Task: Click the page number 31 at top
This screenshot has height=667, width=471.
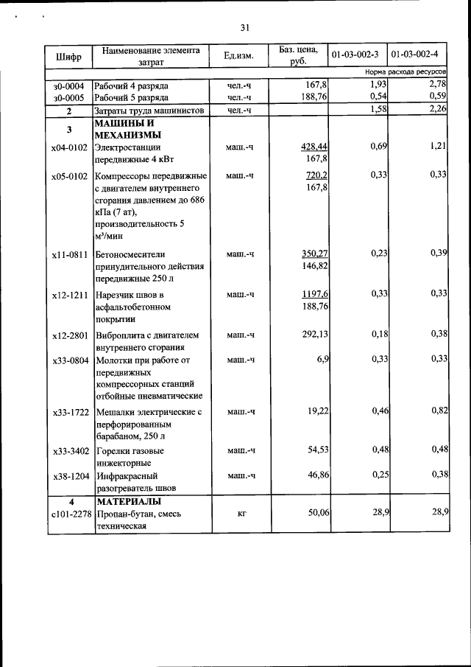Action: click(x=245, y=28)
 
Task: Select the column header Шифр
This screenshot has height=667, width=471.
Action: click(x=68, y=56)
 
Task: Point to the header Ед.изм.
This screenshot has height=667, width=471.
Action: click(x=239, y=55)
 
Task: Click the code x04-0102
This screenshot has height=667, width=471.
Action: click(x=70, y=147)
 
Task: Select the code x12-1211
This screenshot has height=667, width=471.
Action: click(x=70, y=295)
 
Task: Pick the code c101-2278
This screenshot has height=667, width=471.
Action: click(x=70, y=513)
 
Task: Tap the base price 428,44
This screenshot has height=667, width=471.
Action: click(x=314, y=147)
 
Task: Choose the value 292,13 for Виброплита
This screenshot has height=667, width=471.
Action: click(x=312, y=335)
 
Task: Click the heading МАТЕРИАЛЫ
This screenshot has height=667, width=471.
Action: click(x=127, y=501)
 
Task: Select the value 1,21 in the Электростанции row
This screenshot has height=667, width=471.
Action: click(x=439, y=147)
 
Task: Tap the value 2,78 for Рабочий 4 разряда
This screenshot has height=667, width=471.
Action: click(x=437, y=85)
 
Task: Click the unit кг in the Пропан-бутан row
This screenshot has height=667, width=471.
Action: click(x=241, y=513)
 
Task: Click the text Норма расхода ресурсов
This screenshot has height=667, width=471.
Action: click(x=406, y=74)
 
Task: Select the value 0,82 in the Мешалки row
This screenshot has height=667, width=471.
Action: click(x=439, y=410)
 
